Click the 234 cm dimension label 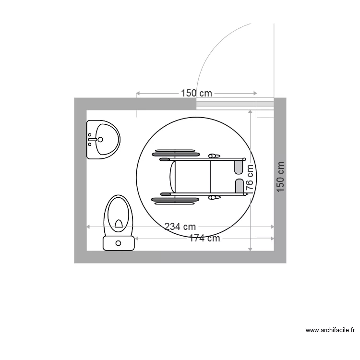tap(180, 227)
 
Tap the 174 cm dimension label tap(204, 238)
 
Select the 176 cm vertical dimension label tap(250, 180)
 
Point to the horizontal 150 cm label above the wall tap(196, 93)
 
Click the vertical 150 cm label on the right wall tap(280, 177)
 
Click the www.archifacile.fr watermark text tap(330, 330)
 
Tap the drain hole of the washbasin tap(100, 139)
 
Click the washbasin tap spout tap(93, 139)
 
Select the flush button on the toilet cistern tap(118, 243)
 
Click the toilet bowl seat tap(119, 214)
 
